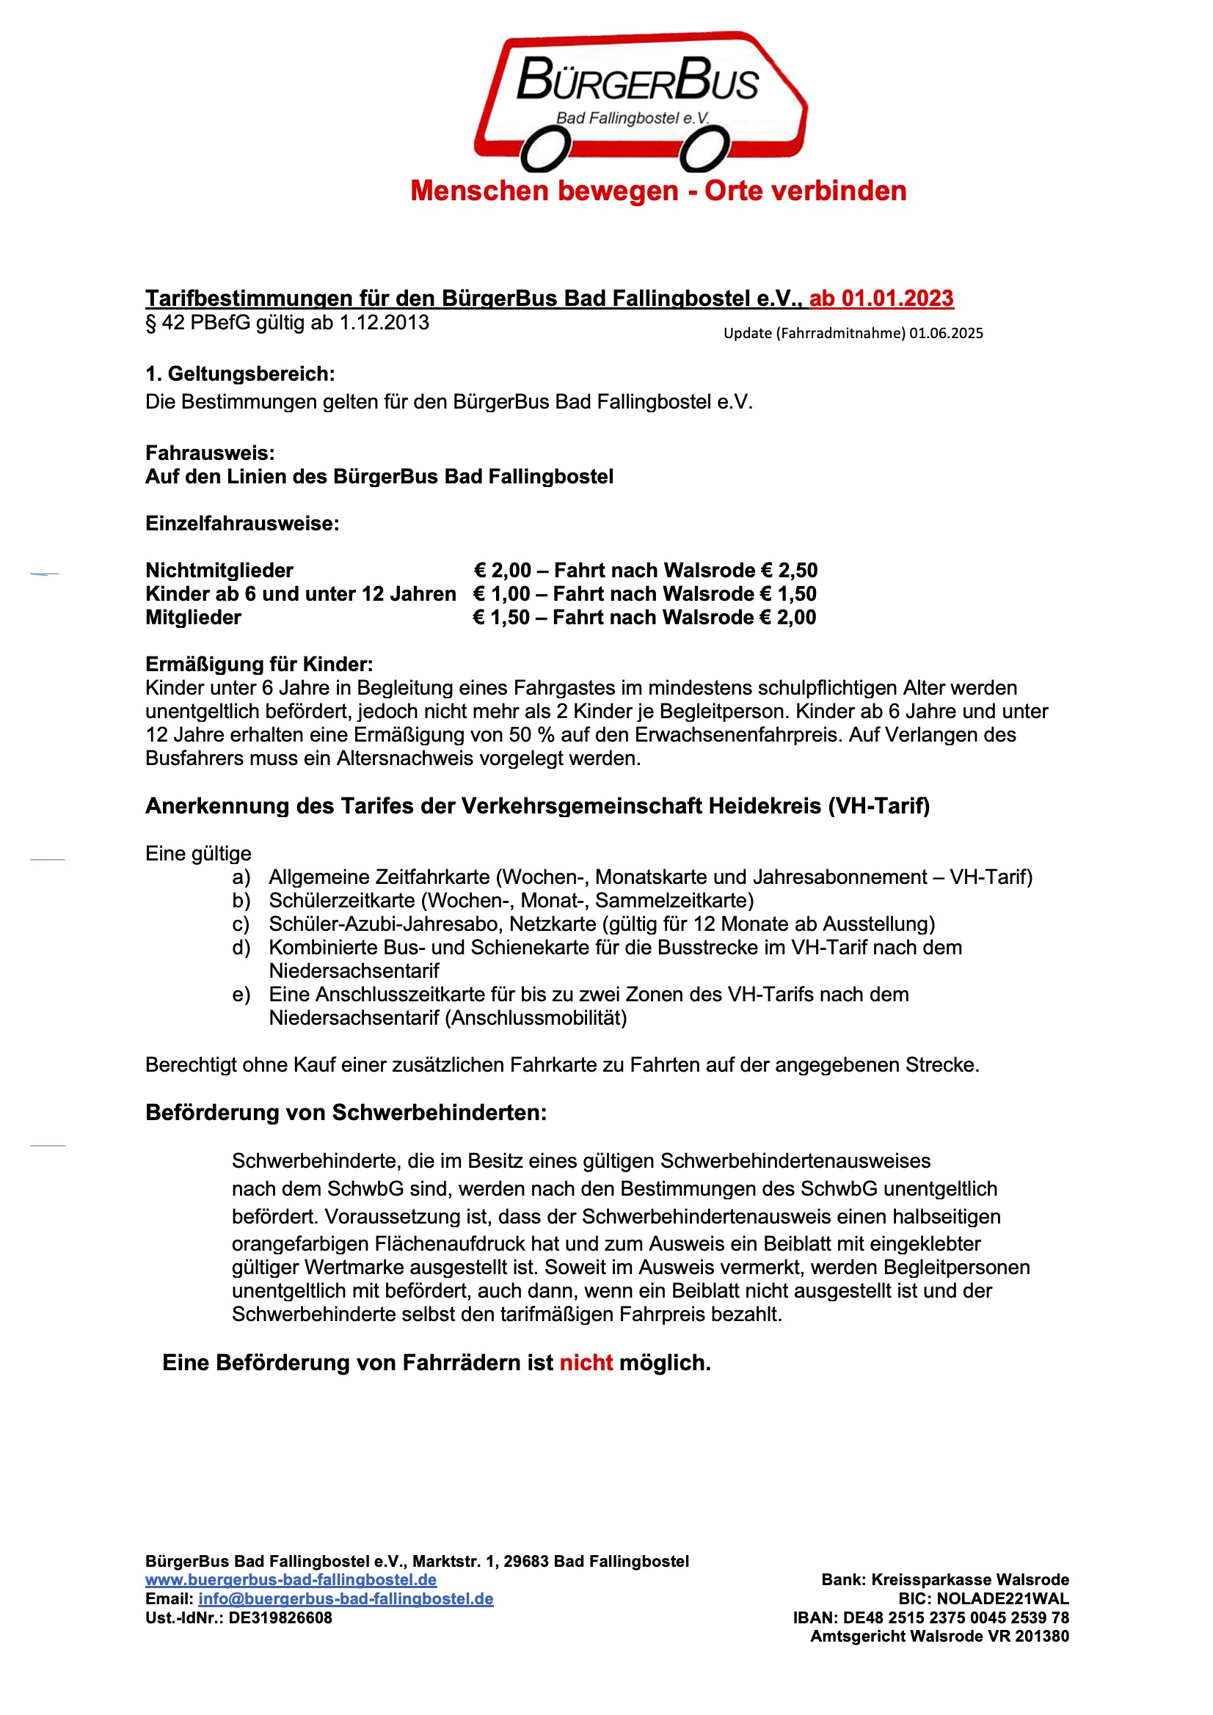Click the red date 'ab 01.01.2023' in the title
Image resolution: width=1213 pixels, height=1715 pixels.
click(881, 298)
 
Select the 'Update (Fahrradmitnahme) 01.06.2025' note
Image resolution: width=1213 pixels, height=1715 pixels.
click(853, 333)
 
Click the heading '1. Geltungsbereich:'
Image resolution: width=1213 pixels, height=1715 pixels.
click(240, 373)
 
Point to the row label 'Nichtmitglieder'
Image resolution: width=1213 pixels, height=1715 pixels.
click(219, 571)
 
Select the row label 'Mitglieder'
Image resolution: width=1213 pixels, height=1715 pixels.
click(193, 617)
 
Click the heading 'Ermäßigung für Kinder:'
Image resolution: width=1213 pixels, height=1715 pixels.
click(258, 664)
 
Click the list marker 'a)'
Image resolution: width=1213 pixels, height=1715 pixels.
click(241, 877)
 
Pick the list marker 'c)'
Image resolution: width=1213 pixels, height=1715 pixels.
click(241, 924)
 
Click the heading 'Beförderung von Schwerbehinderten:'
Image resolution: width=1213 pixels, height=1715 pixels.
click(346, 1112)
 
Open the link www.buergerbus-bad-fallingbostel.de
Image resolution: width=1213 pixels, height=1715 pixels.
click(291, 1580)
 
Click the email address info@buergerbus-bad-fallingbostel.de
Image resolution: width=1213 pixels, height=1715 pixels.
click(346, 1598)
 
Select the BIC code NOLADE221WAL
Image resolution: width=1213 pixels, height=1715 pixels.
click(1002, 1598)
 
